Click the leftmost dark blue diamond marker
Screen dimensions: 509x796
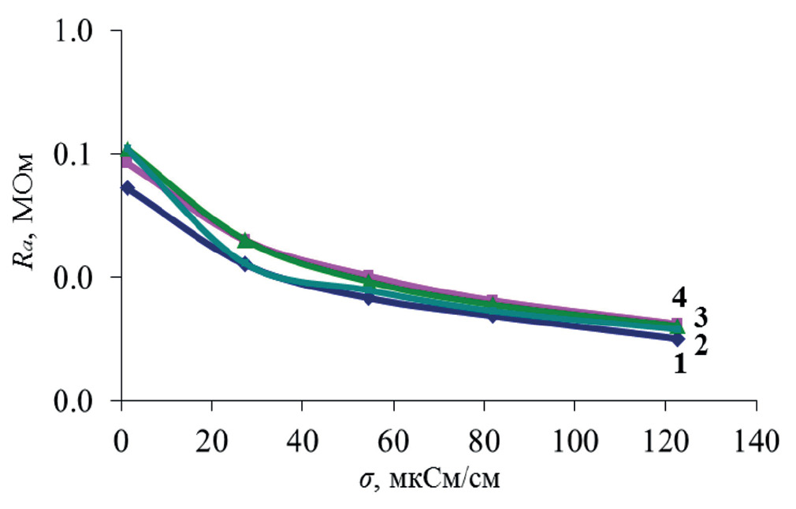[x=127, y=188]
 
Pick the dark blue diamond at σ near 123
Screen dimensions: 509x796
[x=677, y=339]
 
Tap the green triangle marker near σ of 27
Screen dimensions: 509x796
[x=245, y=241]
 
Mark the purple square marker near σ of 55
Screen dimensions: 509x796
[x=368, y=277]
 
